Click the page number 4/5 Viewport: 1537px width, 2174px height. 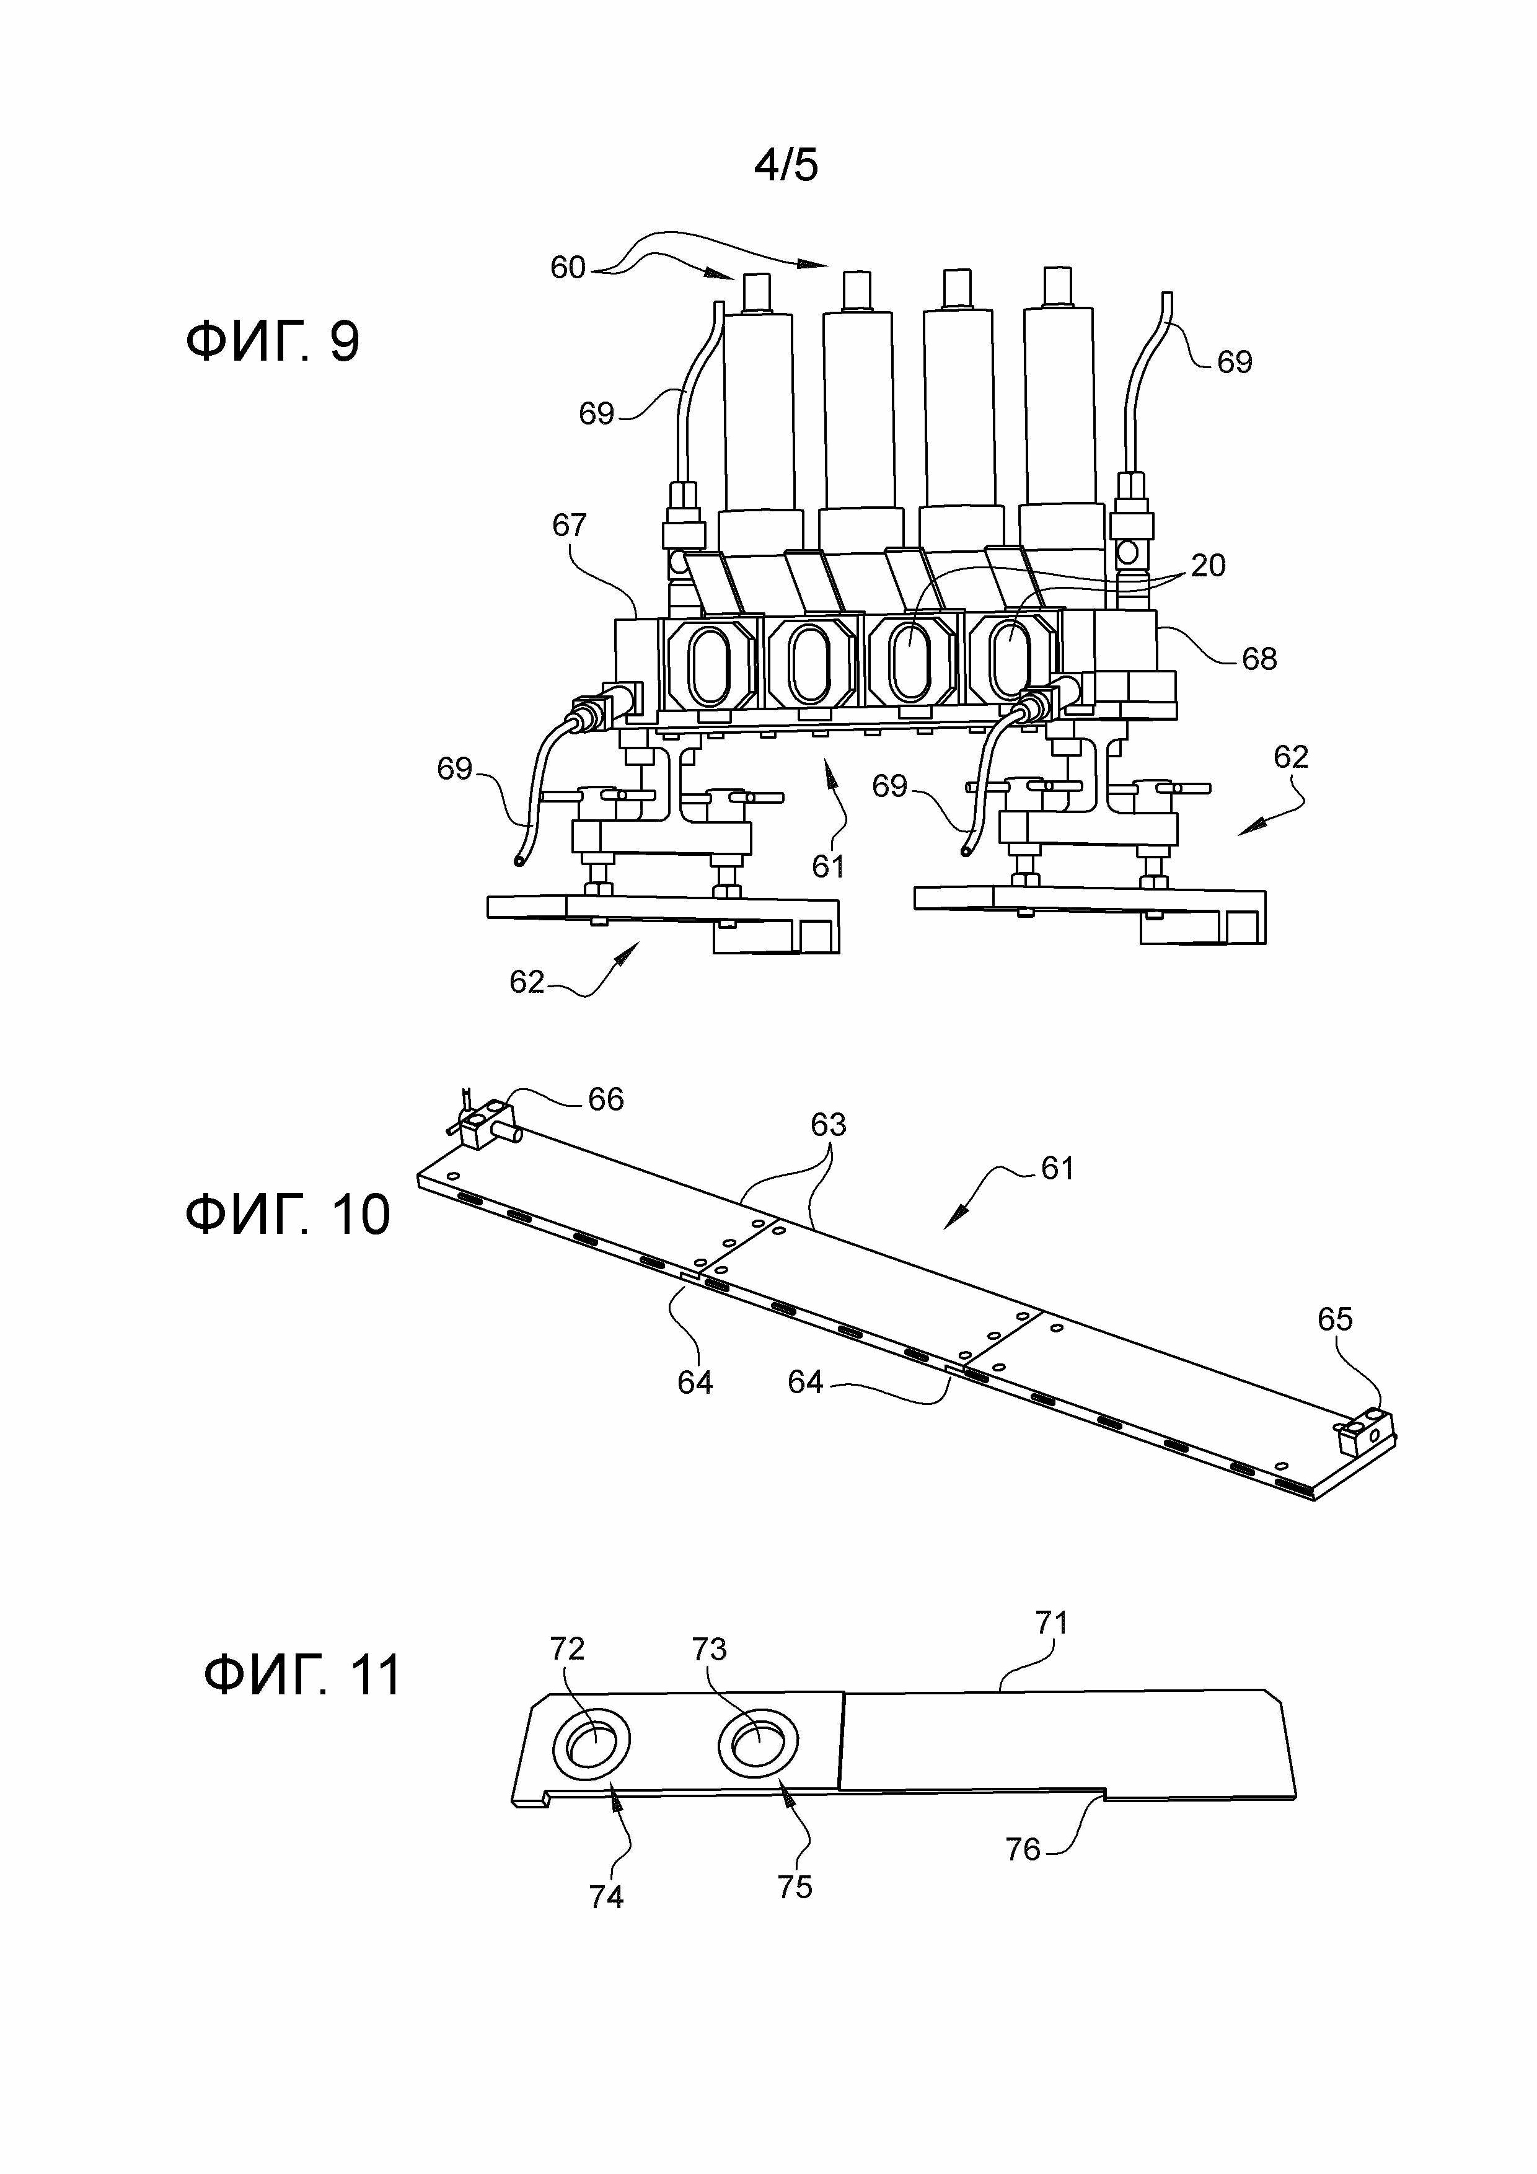coord(785,165)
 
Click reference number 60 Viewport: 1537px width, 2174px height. coord(568,267)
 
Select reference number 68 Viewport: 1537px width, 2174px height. coord(1259,658)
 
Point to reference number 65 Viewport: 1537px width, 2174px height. coord(1336,1318)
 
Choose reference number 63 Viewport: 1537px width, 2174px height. coord(828,1124)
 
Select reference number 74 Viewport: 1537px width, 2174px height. coord(606,1896)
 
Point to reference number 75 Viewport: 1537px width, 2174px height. coord(795,1887)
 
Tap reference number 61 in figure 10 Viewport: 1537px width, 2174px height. coord(1057,1168)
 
